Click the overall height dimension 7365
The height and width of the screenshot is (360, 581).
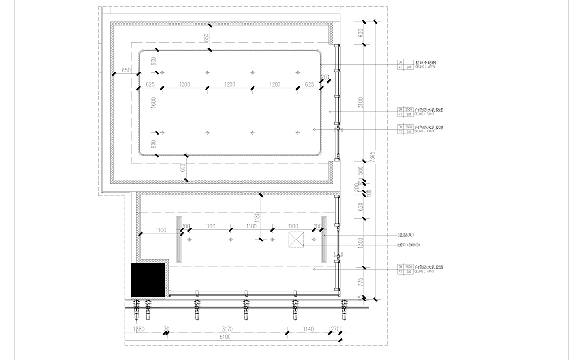pos(373,157)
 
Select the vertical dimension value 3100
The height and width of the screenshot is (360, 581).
pos(361,103)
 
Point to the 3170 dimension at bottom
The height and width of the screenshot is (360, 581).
pos(228,329)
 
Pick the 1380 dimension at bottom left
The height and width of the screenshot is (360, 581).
pos(139,329)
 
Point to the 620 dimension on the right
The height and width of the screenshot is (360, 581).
pos(361,207)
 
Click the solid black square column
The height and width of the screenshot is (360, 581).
pos(148,280)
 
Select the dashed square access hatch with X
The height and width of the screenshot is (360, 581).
pos(297,239)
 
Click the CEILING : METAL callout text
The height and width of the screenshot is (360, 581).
pos(425,67)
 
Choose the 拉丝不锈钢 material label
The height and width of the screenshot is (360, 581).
pos(425,62)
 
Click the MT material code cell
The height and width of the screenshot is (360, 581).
pos(400,67)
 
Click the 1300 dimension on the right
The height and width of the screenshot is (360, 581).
pos(361,243)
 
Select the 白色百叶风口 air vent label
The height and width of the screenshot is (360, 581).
pos(405,235)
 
